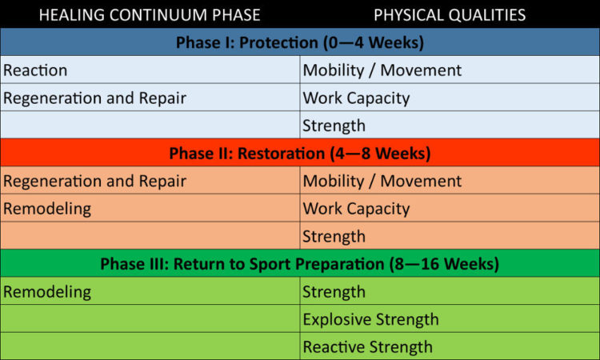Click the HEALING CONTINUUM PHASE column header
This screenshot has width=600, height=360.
150,15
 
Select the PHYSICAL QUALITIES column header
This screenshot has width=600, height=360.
450,15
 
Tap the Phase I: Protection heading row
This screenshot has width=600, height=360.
300,42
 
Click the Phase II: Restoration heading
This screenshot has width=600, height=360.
300,154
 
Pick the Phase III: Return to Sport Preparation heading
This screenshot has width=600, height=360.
300,264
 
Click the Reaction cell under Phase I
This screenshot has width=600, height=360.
35,70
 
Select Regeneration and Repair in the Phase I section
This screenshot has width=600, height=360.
95,98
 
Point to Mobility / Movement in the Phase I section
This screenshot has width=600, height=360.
382,70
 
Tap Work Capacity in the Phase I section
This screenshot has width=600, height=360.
356,98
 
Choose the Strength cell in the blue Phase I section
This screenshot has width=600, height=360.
334,126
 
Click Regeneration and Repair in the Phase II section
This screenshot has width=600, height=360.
95,182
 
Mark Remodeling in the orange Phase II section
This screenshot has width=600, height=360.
47,210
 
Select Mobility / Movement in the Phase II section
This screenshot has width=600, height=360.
382,182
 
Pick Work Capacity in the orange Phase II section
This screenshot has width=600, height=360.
356,210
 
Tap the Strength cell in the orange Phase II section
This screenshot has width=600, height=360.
334,237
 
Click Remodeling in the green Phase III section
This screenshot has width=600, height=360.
47,292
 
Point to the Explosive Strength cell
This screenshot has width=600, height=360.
370,320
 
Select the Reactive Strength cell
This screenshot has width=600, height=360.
368,347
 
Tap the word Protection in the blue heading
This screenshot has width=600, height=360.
278,42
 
